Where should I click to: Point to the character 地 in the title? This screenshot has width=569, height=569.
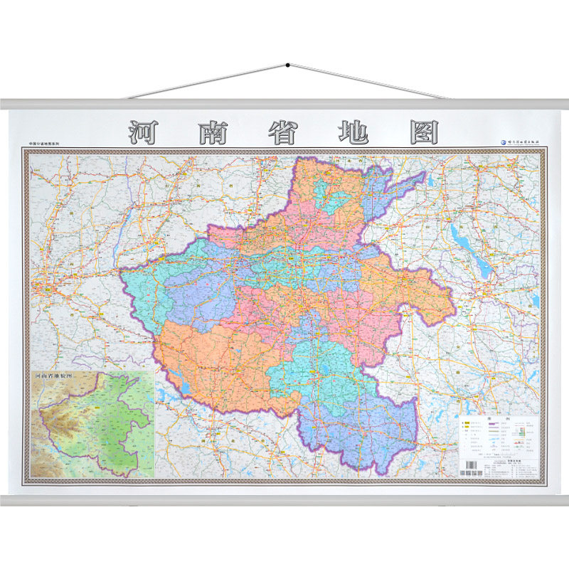[x=352, y=133]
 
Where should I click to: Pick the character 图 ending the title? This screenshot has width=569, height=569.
[x=421, y=133]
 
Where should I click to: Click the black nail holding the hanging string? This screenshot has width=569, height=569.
[x=287, y=65]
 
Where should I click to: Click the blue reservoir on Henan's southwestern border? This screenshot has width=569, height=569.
[x=184, y=386]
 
